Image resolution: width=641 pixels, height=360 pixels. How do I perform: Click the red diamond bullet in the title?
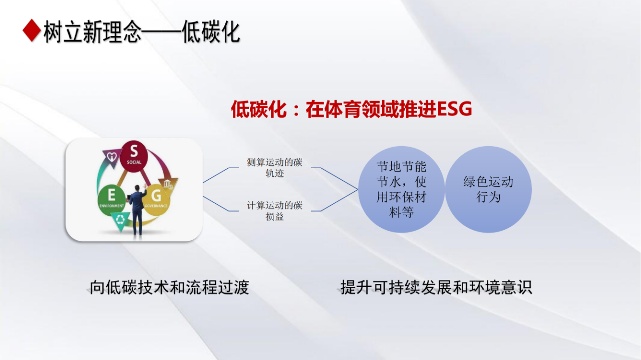point(32,31)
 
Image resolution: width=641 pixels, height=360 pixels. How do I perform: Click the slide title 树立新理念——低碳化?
point(142,32)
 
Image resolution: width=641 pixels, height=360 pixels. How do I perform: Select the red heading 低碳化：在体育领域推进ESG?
point(352,109)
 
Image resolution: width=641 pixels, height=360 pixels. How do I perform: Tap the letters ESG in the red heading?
point(454,109)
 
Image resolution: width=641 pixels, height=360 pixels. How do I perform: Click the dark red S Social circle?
point(134,156)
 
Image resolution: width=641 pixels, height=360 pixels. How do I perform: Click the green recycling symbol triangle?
point(120,221)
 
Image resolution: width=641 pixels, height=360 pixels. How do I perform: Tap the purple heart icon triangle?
point(112,157)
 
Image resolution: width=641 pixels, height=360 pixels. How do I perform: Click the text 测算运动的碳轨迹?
point(274,168)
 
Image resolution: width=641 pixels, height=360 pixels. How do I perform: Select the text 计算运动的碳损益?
point(274,211)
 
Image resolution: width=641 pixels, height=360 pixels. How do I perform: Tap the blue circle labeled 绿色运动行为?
point(488,189)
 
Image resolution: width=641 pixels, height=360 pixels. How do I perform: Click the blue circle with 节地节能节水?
point(401,189)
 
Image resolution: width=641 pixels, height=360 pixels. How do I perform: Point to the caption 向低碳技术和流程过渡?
point(169,287)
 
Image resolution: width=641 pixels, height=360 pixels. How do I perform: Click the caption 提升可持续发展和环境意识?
point(436,287)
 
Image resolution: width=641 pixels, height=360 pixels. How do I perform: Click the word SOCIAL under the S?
point(134,162)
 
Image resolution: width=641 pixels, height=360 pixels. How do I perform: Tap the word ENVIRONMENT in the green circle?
point(112,206)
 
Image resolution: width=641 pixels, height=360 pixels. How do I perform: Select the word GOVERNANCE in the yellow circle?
point(156,206)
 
